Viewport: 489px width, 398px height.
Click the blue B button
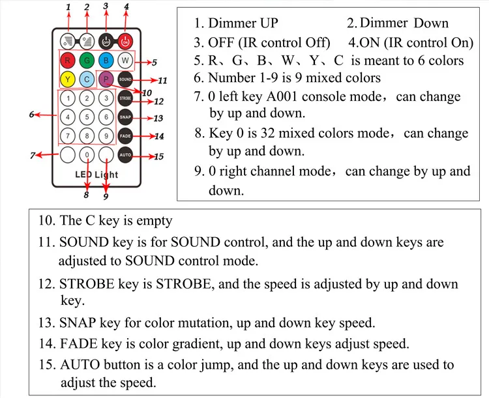pos(106,62)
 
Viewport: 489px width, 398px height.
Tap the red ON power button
pos(125,40)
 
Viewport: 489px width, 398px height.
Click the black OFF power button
pos(106,40)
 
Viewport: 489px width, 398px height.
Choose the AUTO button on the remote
pos(126,156)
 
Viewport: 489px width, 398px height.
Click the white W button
pos(126,62)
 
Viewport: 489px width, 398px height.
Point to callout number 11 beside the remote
pos(162,81)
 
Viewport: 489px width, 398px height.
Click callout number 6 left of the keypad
pos(31,115)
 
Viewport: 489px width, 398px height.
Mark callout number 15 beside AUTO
pos(158,156)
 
